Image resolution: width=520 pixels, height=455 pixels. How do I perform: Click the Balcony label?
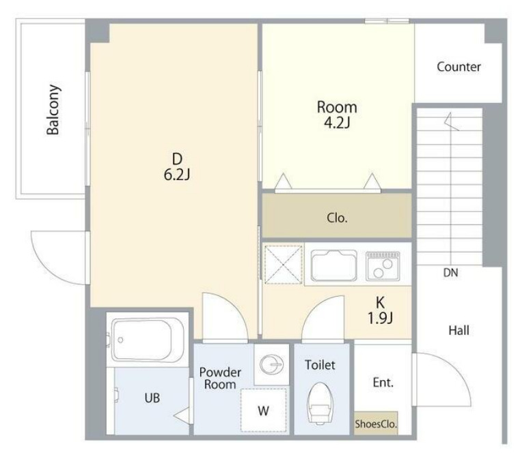point(53,110)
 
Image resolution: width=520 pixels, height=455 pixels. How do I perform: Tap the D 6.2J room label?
point(177,167)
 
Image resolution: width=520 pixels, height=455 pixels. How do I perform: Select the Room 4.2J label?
point(337,115)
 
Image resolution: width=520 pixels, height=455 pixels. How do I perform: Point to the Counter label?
point(459,67)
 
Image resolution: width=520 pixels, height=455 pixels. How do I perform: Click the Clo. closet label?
point(337,218)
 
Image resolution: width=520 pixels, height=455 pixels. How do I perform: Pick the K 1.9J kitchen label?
point(380,310)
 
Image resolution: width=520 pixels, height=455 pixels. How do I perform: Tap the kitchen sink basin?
point(334,265)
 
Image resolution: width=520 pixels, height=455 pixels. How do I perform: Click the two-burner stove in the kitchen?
point(383,266)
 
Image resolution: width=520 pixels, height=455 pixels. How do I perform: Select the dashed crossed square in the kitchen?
point(284,265)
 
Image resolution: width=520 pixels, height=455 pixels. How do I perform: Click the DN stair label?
point(451,273)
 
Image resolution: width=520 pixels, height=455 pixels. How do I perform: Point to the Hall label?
point(459,330)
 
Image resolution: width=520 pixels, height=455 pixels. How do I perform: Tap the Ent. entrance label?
point(383,383)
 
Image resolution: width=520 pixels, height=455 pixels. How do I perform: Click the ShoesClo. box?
point(376,423)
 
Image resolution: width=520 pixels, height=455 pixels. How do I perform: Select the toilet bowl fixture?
point(320,403)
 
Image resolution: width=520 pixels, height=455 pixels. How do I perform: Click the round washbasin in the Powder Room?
point(271,364)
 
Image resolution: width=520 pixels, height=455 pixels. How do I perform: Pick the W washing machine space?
point(264,410)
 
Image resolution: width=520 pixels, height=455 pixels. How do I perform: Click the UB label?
point(152,398)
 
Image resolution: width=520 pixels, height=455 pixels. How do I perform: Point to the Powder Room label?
point(220,378)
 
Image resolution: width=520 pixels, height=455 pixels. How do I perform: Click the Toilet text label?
point(320,365)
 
